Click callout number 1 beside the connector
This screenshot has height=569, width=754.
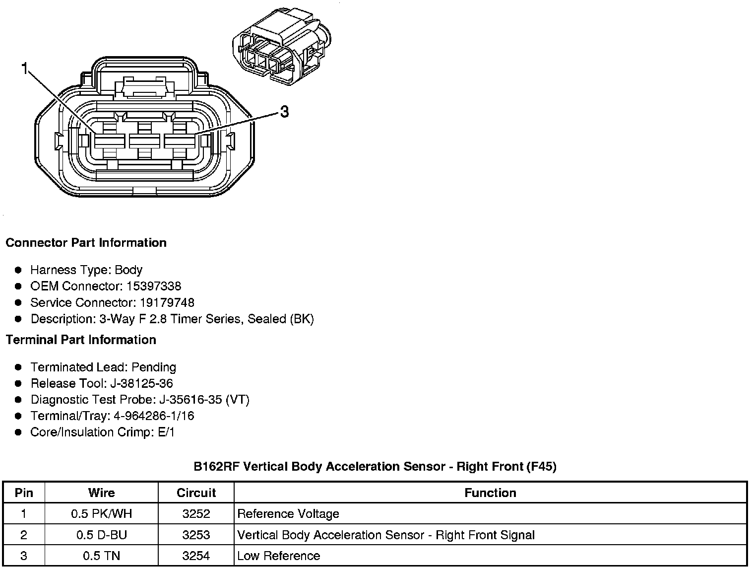24,69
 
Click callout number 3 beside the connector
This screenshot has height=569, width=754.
284,112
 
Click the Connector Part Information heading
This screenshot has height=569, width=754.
86,243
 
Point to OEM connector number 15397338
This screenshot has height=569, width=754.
154,286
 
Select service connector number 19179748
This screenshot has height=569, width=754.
167,303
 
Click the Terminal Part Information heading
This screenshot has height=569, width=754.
81,340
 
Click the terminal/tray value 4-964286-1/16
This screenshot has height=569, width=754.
154,416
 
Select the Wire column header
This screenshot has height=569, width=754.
101,493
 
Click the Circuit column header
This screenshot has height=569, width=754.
196,493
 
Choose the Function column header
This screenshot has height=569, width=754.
490,493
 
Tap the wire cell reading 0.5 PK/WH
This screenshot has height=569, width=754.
101,514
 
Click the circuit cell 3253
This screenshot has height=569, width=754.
196,535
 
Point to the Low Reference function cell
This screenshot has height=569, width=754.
279,556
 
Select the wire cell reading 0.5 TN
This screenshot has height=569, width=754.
101,556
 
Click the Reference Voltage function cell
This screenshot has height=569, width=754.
288,514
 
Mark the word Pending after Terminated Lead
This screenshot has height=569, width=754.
154,367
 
